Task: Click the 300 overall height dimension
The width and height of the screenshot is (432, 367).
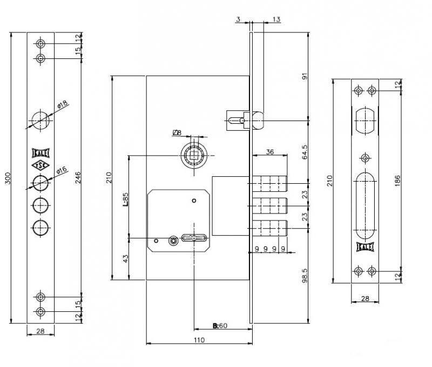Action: tap(8, 178)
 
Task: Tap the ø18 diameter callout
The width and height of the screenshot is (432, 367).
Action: tap(63, 104)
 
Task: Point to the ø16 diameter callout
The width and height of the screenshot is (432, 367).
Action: tap(62, 170)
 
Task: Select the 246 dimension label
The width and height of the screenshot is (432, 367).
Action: tap(78, 177)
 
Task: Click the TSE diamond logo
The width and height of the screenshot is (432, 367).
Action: tap(40, 165)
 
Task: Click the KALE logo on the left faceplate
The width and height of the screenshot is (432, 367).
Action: tap(40, 153)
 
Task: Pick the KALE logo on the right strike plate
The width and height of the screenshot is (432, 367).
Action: tap(365, 247)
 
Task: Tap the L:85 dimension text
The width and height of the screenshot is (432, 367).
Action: tap(125, 199)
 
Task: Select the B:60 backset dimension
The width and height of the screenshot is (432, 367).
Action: tap(220, 326)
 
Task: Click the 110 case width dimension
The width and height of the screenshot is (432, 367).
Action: tap(199, 340)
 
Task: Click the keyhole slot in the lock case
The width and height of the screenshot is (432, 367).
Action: tap(194, 238)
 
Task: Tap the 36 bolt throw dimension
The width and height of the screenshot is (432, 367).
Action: tap(269, 152)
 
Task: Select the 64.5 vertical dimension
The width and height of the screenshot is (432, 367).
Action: tap(305, 152)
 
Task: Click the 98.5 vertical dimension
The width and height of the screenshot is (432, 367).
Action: tap(305, 276)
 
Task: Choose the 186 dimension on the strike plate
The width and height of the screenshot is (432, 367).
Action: tap(397, 181)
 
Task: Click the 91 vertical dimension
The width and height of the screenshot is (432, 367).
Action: tap(305, 76)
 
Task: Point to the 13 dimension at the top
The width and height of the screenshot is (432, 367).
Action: tap(276, 19)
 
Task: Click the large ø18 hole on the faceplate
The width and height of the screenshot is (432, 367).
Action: tap(40, 121)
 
